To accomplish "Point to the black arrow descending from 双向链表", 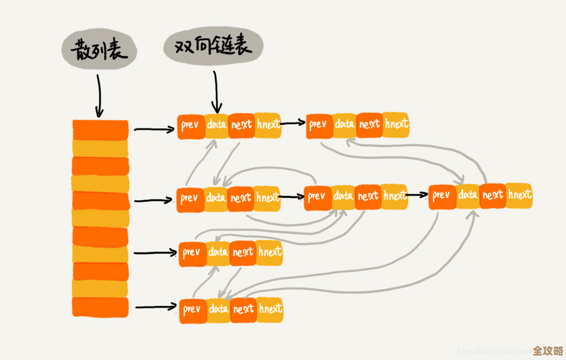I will (216, 92).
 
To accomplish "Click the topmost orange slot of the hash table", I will (101, 130).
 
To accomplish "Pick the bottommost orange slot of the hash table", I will (101, 307).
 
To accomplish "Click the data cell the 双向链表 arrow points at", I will (217, 124).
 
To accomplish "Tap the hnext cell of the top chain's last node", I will (396, 124).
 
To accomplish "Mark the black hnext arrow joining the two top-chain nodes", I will (293, 123).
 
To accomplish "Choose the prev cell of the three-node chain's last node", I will (442, 195).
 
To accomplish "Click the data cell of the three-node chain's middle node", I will (343, 196).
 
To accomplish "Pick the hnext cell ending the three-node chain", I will (519, 194).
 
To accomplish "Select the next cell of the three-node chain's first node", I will (241, 198).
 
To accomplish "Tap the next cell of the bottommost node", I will (243, 309).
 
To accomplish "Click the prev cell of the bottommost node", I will (192, 310).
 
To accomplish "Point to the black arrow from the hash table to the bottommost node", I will (156, 307).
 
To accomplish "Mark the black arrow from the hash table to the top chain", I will (154, 130).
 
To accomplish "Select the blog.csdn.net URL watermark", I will (493, 351).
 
